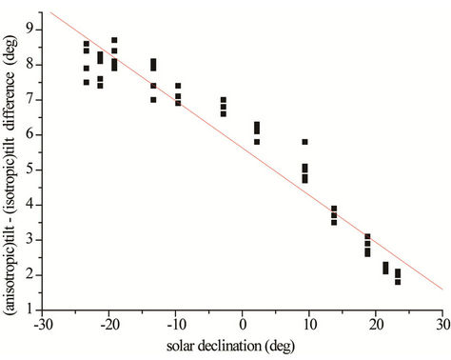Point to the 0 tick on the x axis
pos(243,325)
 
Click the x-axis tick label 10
pos(309,325)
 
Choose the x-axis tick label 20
pos(376,325)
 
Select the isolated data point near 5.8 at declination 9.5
pos(305,142)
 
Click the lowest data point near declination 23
pos(398,282)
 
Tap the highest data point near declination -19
pos(115,40)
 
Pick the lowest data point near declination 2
pos(257,142)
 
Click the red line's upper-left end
pos(51,12)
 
